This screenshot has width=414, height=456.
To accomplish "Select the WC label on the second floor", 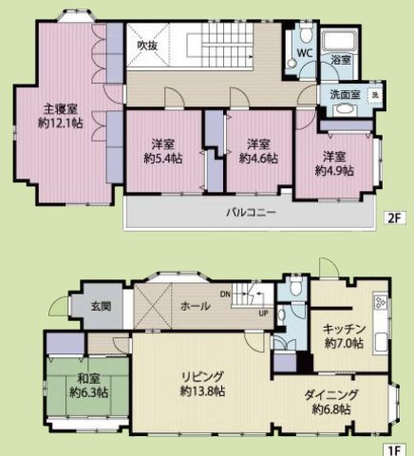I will pos(304,52).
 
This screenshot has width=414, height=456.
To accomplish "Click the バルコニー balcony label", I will pos(251,212).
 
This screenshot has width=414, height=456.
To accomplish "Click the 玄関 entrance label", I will pos(101,306).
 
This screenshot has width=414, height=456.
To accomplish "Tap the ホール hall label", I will pos(195,306).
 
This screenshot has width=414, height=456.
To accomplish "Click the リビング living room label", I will pos(203,376).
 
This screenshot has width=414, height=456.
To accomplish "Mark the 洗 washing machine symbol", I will pos(375,95).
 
